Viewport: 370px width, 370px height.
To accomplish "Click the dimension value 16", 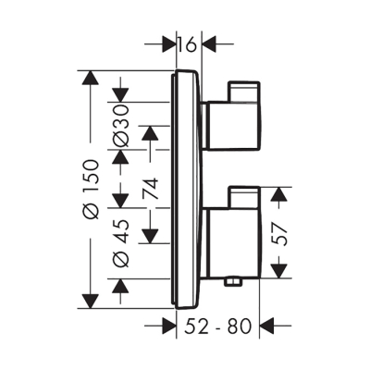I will (187, 43).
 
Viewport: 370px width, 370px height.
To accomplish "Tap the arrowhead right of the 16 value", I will (209, 43).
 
